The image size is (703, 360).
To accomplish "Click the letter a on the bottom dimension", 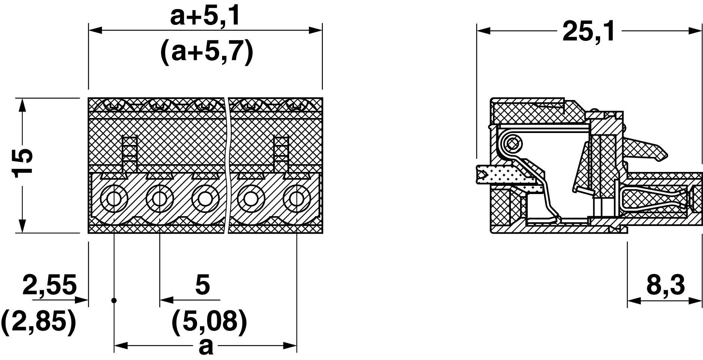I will pyautogui.click(x=206, y=347).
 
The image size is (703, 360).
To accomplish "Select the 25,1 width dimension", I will pyautogui.click(x=588, y=31).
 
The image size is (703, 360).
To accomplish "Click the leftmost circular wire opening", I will pyautogui.click(x=113, y=198).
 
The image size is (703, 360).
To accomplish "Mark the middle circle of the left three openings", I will pyautogui.click(x=159, y=198).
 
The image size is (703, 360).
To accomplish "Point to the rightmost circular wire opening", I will pyautogui.click(x=296, y=198).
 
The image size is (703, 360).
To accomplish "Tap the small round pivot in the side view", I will pyautogui.click(x=512, y=143).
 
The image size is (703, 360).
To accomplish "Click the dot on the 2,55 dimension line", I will pyautogui.click(x=114, y=300).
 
